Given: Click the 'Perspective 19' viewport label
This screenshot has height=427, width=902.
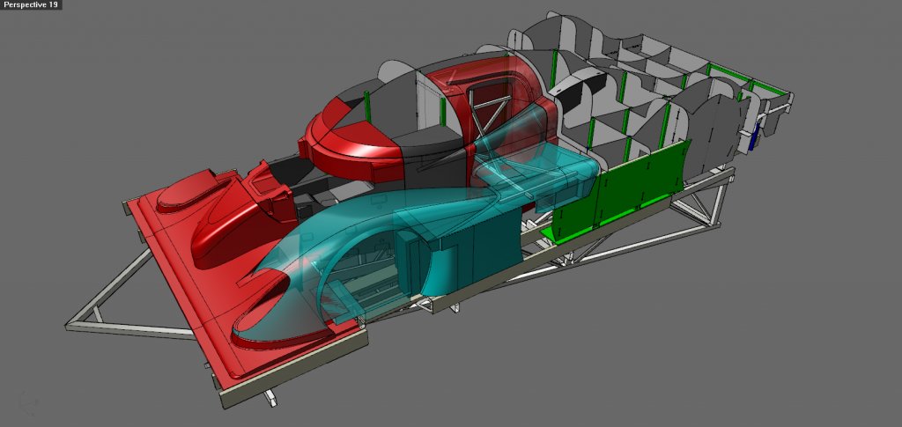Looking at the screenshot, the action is (x=31, y=4).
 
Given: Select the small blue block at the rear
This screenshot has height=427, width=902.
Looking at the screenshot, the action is (x=755, y=140).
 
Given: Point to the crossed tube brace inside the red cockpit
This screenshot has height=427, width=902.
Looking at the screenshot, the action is (x=489, y=118).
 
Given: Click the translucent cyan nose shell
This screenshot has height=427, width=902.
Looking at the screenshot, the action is (x=322, y=241).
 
